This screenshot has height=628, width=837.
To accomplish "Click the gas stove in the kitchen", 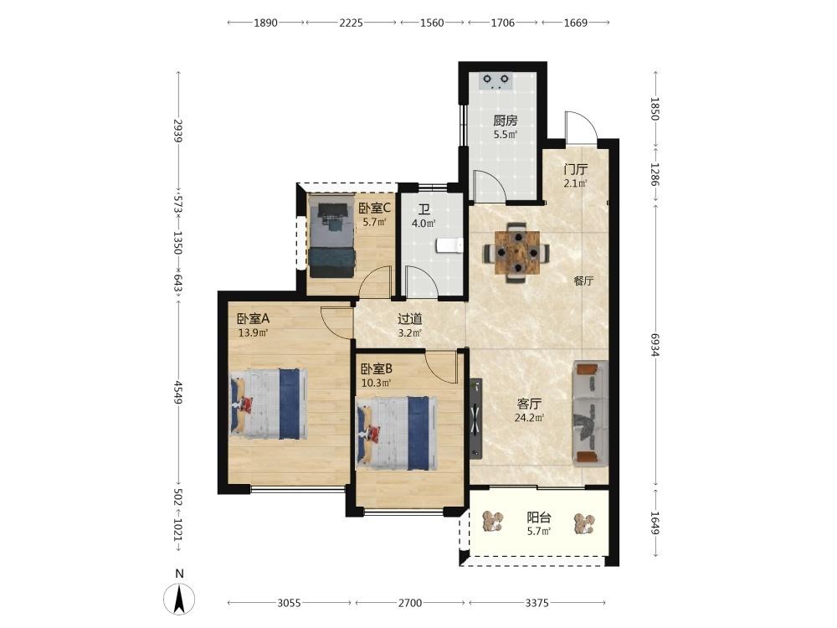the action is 496,80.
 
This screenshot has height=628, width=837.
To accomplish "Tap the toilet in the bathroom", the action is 449,245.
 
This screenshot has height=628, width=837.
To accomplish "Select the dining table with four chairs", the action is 516,252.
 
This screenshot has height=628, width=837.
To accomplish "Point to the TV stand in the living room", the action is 475,419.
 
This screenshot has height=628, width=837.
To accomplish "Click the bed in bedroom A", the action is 269,404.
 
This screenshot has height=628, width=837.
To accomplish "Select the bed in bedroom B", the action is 396,433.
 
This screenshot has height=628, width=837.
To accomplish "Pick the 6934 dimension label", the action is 655,345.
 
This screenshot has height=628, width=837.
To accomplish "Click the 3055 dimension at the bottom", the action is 289,603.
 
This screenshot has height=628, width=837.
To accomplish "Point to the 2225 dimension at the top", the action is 351,23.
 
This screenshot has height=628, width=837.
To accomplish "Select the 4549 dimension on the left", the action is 178,392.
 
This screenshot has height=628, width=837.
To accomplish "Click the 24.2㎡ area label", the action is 529,418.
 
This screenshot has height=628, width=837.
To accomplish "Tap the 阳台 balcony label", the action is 538,517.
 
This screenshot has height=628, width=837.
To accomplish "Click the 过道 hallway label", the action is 410,319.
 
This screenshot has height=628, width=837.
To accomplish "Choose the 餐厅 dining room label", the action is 583,281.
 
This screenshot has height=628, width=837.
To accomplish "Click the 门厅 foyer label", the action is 576,170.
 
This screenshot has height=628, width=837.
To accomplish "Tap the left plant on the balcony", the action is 492,521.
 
